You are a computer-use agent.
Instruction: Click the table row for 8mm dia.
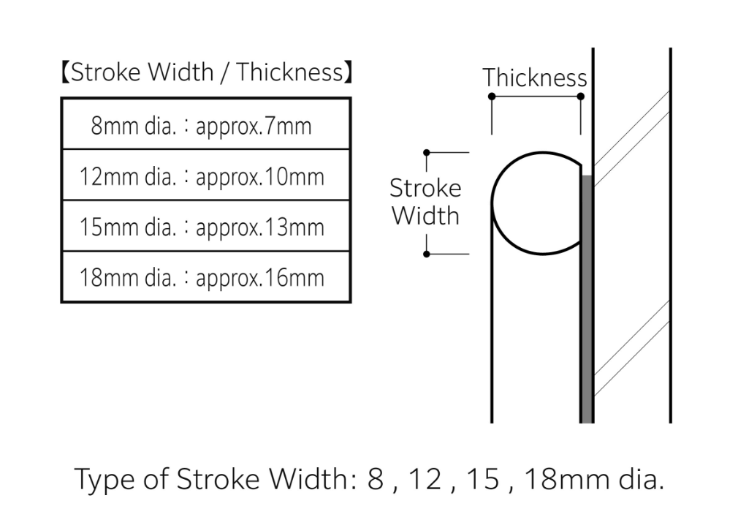click(x=206, y=124)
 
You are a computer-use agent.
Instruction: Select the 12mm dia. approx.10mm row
click(x=206, y=175)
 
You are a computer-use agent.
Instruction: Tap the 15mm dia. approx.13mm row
click(x=206, y=226)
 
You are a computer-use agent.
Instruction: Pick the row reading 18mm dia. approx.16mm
click(x=206, y=276)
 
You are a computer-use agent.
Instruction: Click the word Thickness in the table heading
click(x=290, y=72)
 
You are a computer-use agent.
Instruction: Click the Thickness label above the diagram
click(x=535, y=78)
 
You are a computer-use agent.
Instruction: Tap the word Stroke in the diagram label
click(x=425, y=188)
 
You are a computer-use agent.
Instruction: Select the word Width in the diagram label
click(x=425, y=216)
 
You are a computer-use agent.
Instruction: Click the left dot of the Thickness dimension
click(x=492, y=97)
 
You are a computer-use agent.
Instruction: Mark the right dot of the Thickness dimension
click(x=580, y=97)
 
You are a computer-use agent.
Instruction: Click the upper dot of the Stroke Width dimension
click(x=427, y=153)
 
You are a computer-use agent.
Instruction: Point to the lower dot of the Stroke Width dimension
click(x=427, y=254)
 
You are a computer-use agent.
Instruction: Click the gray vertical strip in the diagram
click(x=587, y=299)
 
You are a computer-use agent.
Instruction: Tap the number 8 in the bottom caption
click(x=376, y=480)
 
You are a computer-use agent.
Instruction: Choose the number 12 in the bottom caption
click(x=425, y=480)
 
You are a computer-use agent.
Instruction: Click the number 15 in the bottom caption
click(x=483, y=480)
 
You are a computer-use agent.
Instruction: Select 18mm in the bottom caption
click(x=567, y=480)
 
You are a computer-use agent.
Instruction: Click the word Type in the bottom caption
click(x=104, y=480)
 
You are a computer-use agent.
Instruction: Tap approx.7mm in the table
click(x=254, y=127)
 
